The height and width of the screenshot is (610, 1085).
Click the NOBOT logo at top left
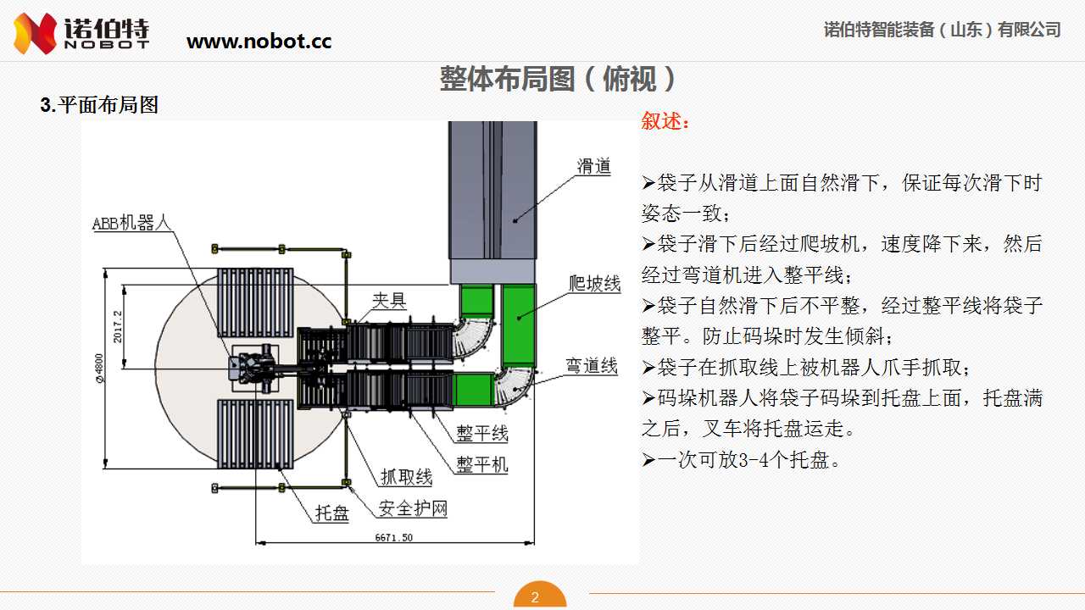81,33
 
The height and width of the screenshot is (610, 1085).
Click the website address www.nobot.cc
259,41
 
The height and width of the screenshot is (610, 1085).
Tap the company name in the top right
942,30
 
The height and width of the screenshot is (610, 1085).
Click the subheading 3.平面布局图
99,106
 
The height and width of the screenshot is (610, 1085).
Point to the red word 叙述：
665,122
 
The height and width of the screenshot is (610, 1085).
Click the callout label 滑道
594,166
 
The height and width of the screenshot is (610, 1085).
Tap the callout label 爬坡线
594,283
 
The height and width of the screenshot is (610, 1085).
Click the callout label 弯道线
592,366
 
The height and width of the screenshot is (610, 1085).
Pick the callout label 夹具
389,300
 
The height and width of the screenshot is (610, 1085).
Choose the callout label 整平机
482,464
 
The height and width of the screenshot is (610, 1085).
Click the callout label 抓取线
406,478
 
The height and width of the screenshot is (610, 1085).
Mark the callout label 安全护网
412,508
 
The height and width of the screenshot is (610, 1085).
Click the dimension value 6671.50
394,537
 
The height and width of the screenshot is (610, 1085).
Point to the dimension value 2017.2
119,326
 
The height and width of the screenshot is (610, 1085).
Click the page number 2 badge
535,597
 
